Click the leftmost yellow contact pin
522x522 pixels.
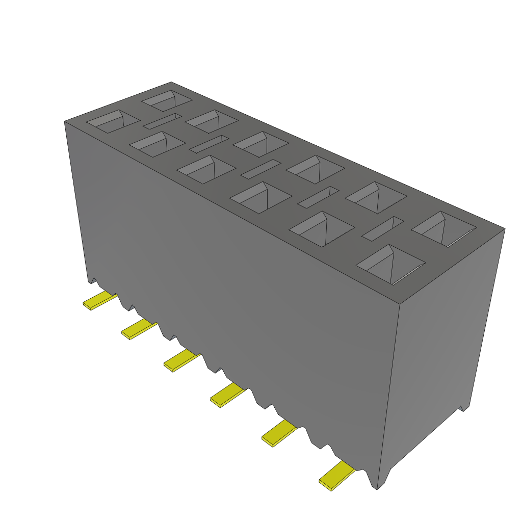99,301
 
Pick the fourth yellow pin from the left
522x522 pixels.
227,395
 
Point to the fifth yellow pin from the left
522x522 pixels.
278,434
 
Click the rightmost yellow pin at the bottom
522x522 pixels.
336,476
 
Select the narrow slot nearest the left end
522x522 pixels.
162,121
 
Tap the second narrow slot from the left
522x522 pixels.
209,144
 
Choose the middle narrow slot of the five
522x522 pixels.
260,169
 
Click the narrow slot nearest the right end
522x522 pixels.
383,228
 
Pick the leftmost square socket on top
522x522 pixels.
113,121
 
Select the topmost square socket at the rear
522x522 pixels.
166,100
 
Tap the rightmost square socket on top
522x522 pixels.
443,229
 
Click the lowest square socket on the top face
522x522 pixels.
391,264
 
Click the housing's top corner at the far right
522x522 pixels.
504,229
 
